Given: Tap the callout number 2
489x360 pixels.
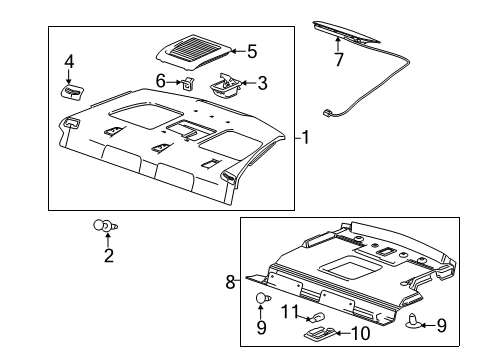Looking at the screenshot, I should (x=108, y=256).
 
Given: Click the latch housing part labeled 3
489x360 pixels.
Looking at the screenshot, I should (x=226, y=85).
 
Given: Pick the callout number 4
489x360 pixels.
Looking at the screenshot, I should (x=69, y=62).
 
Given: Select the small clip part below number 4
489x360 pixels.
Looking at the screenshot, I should (x=73, y=93).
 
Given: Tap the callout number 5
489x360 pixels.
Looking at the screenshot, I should (x=252, y=49).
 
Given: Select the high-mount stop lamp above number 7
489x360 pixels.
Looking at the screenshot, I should (x=346, y=34).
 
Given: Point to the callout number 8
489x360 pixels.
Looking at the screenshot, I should (x=230, y=283).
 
